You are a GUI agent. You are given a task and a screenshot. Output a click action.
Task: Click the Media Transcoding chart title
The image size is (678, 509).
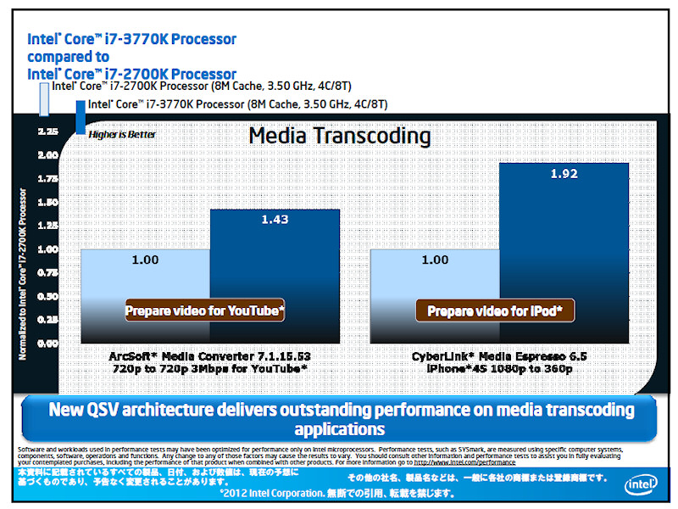point(339,136)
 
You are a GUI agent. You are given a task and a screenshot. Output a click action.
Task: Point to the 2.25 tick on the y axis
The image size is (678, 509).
point(47,131)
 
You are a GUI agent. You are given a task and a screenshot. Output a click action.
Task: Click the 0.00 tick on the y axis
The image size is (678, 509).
point(47,344)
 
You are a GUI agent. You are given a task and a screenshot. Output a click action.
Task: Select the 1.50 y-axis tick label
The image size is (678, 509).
point(47,203)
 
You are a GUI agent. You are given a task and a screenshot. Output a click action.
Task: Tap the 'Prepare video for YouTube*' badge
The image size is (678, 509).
point(205,311)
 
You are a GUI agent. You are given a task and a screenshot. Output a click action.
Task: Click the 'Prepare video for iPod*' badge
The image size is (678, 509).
point(495,311)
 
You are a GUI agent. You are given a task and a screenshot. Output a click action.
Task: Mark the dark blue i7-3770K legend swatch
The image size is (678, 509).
point(81,117)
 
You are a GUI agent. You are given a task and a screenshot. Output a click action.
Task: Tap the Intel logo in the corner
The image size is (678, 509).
point(638,484)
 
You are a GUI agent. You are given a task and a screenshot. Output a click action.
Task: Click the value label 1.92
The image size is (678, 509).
point(564,174)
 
